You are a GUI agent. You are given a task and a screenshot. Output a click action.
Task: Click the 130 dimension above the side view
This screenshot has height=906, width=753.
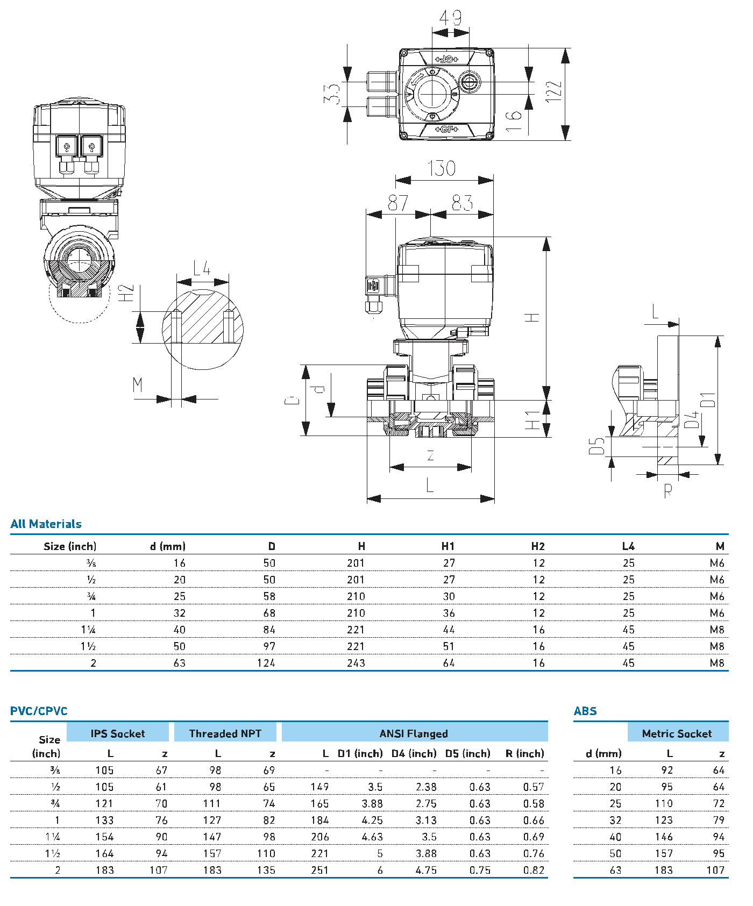click(442, 168)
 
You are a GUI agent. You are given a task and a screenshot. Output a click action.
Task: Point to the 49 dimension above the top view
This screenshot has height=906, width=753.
click(450, 18)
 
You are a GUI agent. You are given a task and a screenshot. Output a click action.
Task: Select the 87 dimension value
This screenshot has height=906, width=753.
click(398, 203)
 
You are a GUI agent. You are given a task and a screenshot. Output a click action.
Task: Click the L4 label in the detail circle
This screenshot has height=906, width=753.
click(202, 268)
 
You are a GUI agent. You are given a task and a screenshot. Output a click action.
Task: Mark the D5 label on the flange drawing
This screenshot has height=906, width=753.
click(596, 446)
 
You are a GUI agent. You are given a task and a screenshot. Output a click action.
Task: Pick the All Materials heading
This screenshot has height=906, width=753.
click(46, 524)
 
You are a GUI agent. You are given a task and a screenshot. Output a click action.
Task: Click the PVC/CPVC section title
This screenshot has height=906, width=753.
click(39, 711)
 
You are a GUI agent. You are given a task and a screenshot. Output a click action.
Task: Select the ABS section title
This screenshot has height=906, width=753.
click(585, 711)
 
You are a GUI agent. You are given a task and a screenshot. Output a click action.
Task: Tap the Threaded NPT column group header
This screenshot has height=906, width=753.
click(225, 734)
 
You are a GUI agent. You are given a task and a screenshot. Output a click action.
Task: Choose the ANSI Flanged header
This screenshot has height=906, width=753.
click(414, 734)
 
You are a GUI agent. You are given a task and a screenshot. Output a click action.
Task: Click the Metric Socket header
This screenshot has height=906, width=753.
click(677, 734)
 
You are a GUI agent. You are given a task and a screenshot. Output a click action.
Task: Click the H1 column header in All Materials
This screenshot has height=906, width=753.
click(448, 546)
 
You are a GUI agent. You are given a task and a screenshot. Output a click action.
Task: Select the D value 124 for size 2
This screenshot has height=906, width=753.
click(266, 663)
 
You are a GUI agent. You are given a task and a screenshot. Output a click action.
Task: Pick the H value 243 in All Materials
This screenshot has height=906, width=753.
click(356, 663)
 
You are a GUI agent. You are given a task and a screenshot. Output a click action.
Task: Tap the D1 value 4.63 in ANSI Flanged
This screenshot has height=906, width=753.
click(372, 837)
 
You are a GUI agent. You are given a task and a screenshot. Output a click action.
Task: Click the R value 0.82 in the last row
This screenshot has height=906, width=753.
click(534, 871)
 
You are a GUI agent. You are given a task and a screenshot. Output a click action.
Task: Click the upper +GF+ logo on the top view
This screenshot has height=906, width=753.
click(446, 59)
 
